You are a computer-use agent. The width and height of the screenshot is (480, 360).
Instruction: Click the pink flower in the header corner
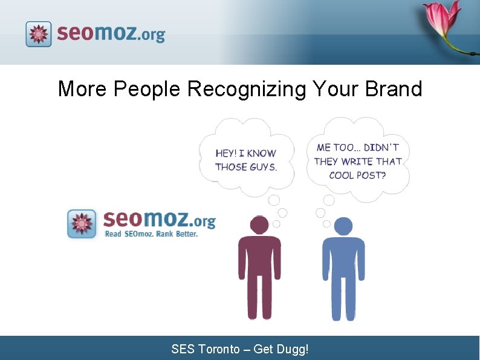click(444, 21)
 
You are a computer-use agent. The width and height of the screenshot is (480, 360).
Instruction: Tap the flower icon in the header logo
click(39, 34)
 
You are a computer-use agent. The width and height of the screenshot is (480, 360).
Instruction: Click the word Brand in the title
click(394, 89)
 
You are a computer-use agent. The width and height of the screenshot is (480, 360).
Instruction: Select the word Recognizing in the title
click(247, 89)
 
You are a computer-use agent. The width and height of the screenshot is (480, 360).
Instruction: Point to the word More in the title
click(82, 89)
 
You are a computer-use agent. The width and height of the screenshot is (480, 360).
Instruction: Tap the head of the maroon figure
click(259, 224)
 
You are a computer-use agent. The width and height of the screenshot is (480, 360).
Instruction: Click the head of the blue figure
click(343, 226)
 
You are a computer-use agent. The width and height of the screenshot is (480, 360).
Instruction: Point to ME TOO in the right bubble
click(339, 148)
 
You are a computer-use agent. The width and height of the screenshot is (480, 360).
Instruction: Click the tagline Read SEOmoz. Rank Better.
click(151, 234)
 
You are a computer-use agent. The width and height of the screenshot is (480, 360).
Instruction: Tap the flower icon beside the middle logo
click(82, 223)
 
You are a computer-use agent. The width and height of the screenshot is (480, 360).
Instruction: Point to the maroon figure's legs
click(259, 296)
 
